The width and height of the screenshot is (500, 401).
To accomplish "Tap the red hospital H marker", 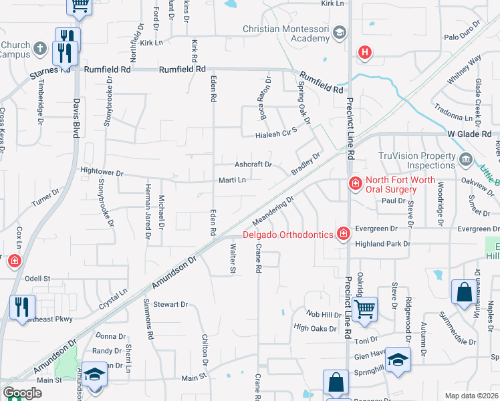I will (x=364, y=51).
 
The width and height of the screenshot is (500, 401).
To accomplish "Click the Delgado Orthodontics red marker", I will (x=343, y=233).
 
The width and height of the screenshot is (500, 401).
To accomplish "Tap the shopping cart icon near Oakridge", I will (x=364, y=309).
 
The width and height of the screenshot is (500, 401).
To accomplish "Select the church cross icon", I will (x=39, y=48).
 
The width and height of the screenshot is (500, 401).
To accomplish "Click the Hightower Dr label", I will (x=102, y=172).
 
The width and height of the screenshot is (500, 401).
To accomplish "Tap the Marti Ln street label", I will (x=232, y=180).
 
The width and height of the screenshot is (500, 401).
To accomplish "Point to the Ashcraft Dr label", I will (x=253, y=164).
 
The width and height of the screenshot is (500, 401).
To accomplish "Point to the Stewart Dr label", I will (x=170, y=304).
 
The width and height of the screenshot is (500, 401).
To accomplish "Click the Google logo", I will (x=22, y=393).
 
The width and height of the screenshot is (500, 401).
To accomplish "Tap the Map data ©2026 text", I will (x=471, y=396).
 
